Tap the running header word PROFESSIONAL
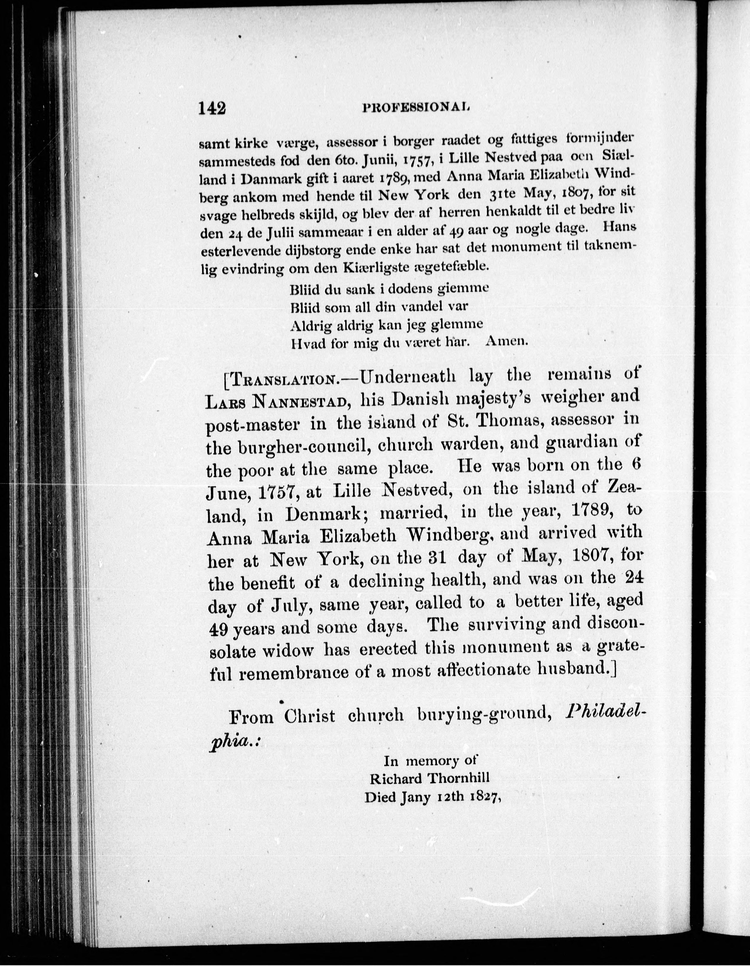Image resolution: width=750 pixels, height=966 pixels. pyautogui.click(x=416, y=107)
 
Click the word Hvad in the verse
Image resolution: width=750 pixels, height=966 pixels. pyautogui.click(x=307, y=343)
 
